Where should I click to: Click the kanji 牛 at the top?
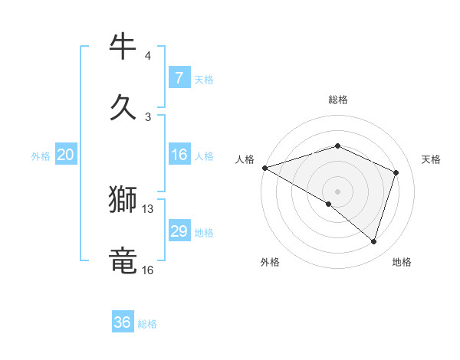click(123, 47)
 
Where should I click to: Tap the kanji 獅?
click(123, 201)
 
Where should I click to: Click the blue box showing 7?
click(179, 78)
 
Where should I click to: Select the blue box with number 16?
click(179, 155)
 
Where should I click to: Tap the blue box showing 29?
click(179, 232)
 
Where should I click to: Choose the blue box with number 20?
click(65, 155)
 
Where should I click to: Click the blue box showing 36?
click(123, 322)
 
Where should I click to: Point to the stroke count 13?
click(148, 209)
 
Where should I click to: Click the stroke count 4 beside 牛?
click(148, 56)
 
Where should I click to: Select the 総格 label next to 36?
click(147, 324)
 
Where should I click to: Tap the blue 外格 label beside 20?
click(41, 156)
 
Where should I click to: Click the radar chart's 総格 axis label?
click(337, 100)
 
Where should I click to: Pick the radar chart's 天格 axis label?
click(432, 159)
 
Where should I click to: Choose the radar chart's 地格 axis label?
click(402, 262)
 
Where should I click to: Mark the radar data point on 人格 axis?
click(264, 168)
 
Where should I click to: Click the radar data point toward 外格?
click(329, 204)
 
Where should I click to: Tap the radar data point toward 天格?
click(396, 172)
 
